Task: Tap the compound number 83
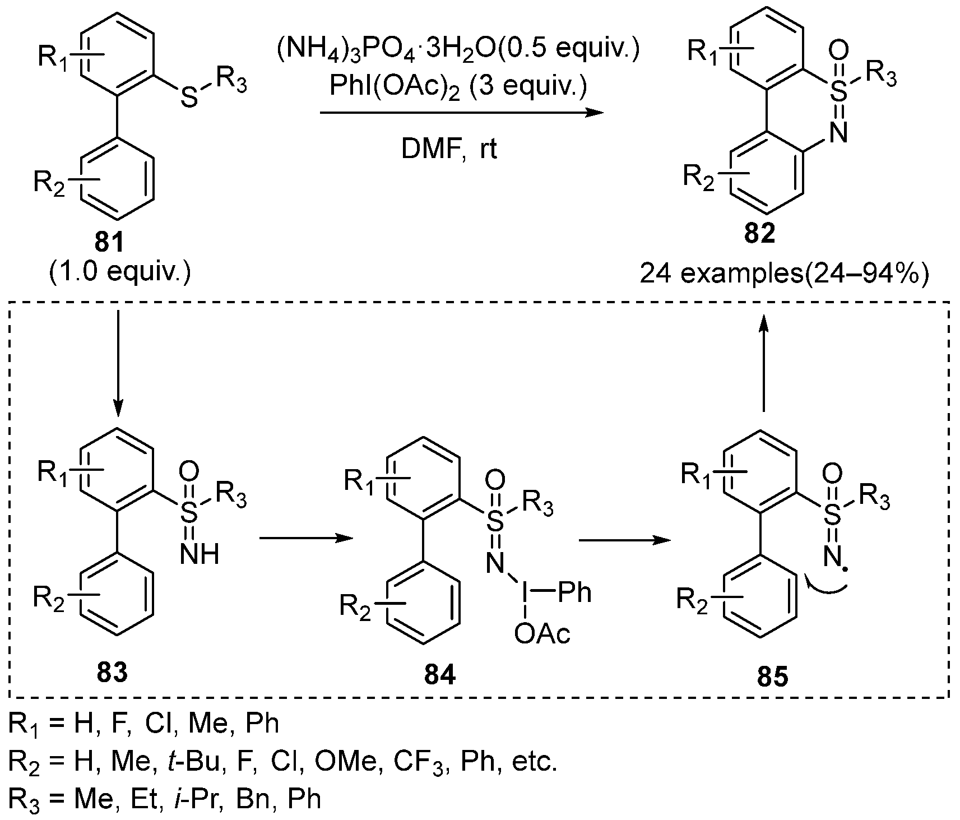[112, 672]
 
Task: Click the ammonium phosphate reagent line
[457, 51]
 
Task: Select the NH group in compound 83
[200, 554]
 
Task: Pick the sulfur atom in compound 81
[191, 99]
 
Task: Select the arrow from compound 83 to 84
[305, 539]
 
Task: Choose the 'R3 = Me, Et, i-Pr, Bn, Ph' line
[165, 799]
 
